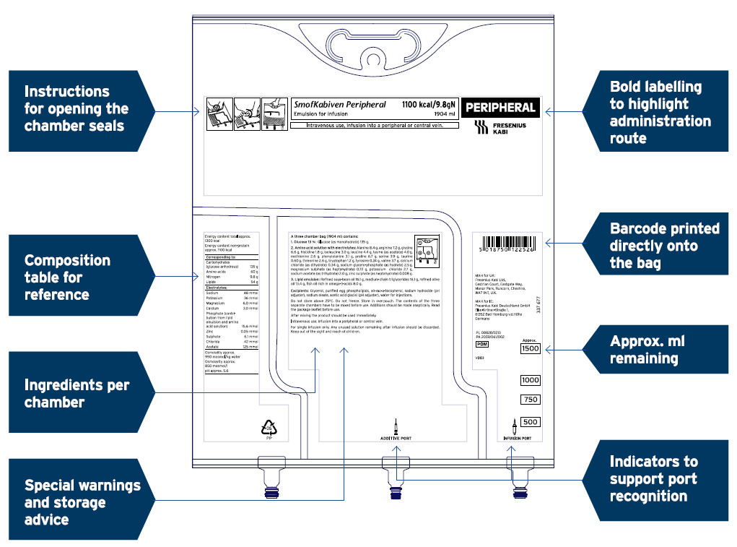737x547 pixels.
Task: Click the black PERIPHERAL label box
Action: (x=501, y=108)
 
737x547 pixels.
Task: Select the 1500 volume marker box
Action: (x=530, y=349)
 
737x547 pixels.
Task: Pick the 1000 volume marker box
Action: (x=530, y=380)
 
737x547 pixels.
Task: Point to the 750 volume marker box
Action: (x=530, y=400)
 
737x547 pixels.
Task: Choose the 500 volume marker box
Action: (x=530, y=422)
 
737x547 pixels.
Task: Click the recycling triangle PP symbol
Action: (x=269, y=428)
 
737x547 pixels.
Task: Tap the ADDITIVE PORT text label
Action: (x=396, y=439)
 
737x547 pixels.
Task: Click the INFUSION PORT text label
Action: (x=517, y=439)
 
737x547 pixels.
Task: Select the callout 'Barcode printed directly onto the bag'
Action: (x=660, y=246)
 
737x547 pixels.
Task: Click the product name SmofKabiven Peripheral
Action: (x=339, y=105)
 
